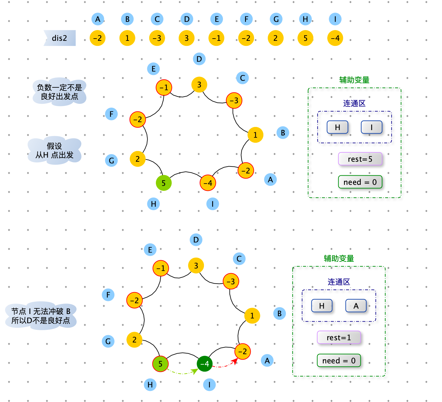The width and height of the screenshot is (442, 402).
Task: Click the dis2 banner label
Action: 59,38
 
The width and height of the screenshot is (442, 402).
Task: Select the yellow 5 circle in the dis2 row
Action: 305,38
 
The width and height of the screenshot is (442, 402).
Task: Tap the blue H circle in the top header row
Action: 305,19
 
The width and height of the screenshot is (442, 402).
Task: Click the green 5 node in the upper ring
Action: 163,183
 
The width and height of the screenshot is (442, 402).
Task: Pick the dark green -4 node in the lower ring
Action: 205,363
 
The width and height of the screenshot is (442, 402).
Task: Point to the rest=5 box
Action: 360,159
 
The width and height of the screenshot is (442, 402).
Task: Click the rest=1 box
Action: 339,337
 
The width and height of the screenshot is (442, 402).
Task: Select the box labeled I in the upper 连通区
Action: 371,127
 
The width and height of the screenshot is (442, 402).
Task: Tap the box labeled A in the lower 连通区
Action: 356,305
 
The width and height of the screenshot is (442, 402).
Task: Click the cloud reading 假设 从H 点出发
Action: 54,150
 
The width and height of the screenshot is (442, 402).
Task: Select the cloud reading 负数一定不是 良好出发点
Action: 59,92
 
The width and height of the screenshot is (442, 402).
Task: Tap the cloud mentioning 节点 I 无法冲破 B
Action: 41,316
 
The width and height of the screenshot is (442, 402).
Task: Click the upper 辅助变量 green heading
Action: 354,80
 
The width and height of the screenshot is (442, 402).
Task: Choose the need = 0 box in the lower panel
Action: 339,361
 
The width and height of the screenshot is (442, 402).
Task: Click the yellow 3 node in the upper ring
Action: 199,85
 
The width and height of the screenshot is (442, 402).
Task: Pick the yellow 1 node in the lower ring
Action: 252,316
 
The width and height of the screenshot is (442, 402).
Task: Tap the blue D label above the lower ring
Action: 196,240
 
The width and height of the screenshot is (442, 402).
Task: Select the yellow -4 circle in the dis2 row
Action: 335,38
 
